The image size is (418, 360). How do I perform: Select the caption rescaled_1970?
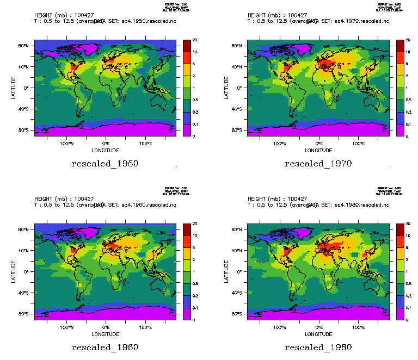click(318, 164)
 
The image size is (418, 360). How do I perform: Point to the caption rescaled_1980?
click(318, 347)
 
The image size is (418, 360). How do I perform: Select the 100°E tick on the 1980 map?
click(358, 328)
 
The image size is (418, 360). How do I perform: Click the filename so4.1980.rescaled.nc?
click(359, 205)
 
